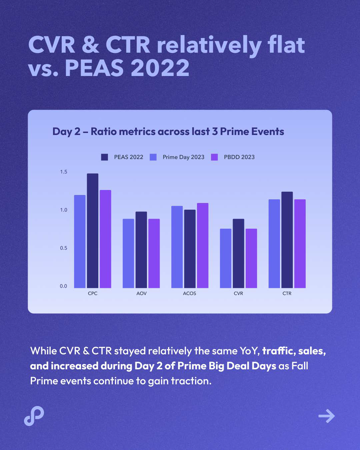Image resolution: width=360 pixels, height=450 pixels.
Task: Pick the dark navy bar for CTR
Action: pyautogui.click(x=287, y=240)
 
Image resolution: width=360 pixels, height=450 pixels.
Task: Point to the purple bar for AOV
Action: pyautogui.click(x=154, y=253)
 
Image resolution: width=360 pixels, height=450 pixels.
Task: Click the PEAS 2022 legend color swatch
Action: pyautogui.click(x=105, y=157)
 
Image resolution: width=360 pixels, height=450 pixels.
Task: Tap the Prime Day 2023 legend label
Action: pyautogui.click(x=183, y=157)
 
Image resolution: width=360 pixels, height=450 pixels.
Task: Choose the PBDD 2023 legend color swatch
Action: pyautogui.click(x=214, y=157)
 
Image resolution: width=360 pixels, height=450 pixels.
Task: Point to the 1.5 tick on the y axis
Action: pyautogui.click(x=63, y=172)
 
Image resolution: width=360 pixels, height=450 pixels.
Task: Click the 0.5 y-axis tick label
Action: pyautogui.click(x=63, y=248)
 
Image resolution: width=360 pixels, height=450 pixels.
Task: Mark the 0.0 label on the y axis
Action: pyautogui.click(x=63, y=286)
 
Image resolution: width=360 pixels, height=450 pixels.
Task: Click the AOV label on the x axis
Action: pyautogui.click(x=141, y=293)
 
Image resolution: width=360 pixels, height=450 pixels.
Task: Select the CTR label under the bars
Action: pyautogui.click(x=287, y=293)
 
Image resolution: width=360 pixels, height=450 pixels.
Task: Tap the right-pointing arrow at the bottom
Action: pyautogui.click(x=326, y=416)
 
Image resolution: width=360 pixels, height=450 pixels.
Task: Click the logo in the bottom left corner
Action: pyautogui.click(x=34, y=416)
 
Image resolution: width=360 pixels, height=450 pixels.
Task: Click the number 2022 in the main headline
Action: pyautogui.click(x=160, y=68)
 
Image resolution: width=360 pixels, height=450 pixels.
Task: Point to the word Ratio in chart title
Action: pyautogui.click(x=103, y=132)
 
